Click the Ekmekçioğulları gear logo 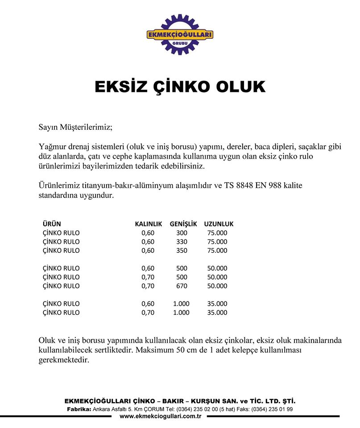click(x=180, y=34)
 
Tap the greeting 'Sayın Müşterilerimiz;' click(x=76, y=128)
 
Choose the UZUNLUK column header click(x=219, y=224)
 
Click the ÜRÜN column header click(x=52, y=224)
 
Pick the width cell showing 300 click(x=182, y=233)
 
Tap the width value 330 click(x=182, y=242)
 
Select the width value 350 click(x=182, y=251)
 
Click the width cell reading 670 click(x=182, y=286)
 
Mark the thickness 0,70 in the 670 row click(x=148, y=286)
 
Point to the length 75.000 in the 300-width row click(x=217, y=233)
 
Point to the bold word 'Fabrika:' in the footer click(x=79, y=409)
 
